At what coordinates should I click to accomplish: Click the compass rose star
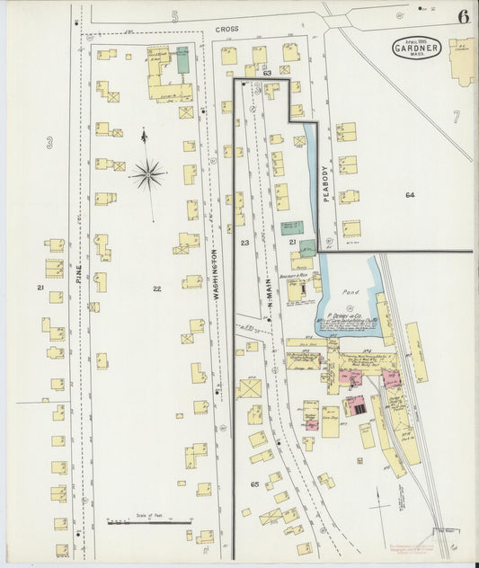coord(148,173)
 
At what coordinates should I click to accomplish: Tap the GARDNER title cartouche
coord(416,48)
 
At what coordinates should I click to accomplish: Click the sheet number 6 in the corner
coord(462,16)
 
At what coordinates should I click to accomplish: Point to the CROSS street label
coord(226,30)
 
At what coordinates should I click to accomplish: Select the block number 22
coord(156,288)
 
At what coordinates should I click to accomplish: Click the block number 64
coord(410,195)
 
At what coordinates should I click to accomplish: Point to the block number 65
coord(254,484)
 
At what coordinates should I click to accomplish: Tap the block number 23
coord(244,243)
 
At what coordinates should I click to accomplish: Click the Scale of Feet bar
coord(148,521)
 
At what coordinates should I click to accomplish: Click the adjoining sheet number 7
coord(456,116)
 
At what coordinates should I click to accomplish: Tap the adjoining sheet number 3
coord(49,141)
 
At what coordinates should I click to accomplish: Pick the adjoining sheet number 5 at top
coord(175,16)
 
